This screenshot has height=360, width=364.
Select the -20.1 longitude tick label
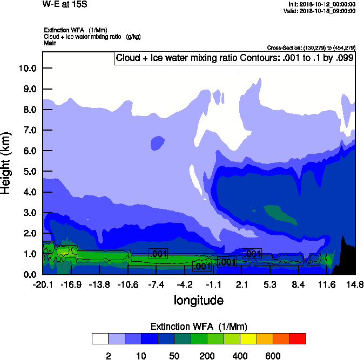click(42, 284)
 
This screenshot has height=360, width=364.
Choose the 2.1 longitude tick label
click(241, 284)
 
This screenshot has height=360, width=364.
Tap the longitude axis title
click(198, 300)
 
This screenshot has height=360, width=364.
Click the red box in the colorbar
click(298, 338)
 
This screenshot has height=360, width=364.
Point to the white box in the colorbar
click(100, 338)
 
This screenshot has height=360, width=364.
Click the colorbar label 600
click(273, 356)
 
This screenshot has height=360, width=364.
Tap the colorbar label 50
click(174, 356)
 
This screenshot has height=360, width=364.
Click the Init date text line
click(322, 4)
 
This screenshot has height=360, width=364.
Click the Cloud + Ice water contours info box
click(234, 58)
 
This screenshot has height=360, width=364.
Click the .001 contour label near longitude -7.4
click(158, 254)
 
